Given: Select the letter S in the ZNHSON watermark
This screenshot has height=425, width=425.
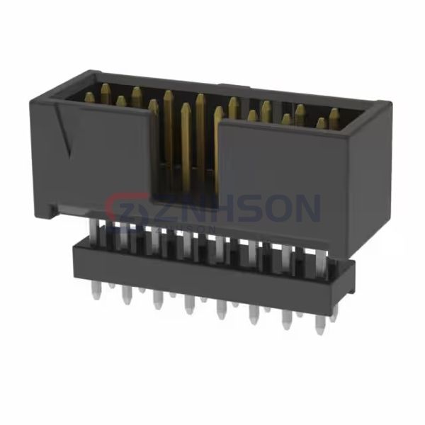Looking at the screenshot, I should click(244, 210).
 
